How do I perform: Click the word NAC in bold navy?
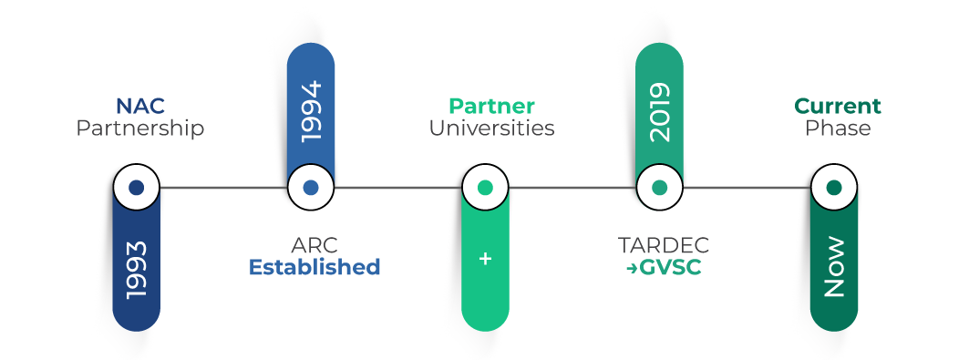click(x=140, y=107)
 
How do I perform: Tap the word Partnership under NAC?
click(x=140, y=129)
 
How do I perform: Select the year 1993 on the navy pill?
click(x=137, y=271)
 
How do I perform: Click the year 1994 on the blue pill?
click(x=311, y=112)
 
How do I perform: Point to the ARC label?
click(x=314, y=245)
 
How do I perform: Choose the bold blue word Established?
click(x=314, y=267)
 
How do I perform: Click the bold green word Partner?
click(x=491, y=107)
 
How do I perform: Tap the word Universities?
click(x=491, y=129)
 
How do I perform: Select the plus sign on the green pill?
click(x=485, y=259)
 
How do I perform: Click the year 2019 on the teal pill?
click(x=659, y=112)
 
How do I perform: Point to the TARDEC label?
click(x=664, y=245)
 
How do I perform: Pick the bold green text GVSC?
click(x=671, y=268)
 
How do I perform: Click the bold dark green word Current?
click(x=838, y=107)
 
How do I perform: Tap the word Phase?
click(x=838, y=129)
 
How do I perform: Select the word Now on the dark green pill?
click(x=834, y=267)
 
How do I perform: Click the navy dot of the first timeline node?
click(x=137, y=187)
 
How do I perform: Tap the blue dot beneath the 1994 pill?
click(x=311, y=187)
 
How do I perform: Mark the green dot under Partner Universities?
click(x=485, y=187)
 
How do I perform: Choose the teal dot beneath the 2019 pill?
click(x=659, y=187)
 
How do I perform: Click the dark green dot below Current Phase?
click(x=834, y=187)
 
